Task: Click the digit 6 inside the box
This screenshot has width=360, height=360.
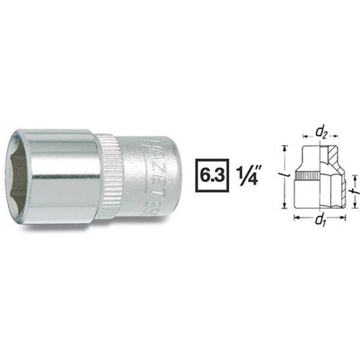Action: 203,179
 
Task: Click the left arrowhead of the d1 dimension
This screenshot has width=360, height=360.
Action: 296,218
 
